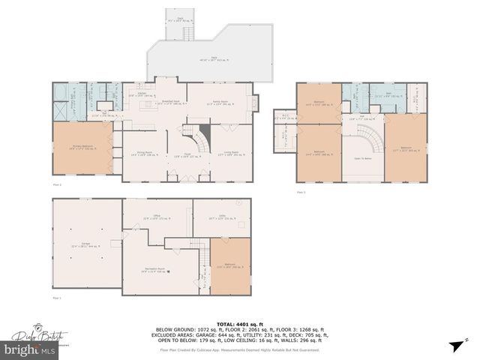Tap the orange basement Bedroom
(x=230, y=266)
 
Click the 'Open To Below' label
(x=363, y=159)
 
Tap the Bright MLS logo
(x=30, y=350)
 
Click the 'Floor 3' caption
(x=302, y=193)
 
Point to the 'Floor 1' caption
(x=56, y=298)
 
